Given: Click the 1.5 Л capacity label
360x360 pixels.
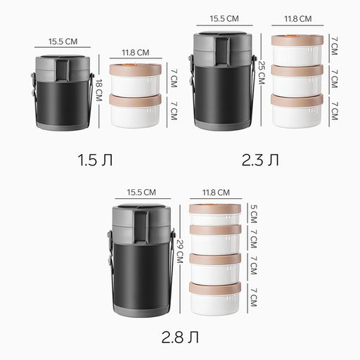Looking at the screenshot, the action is click(95, 160).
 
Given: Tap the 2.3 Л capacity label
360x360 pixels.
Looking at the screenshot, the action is click(260, 160).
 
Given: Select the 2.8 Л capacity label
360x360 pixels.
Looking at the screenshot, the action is click(180, 337).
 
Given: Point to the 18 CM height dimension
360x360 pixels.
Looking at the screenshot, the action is click(99, 90).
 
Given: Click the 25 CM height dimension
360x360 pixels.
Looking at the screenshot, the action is click(262, 72).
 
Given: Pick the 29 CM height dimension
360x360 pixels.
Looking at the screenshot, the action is click(180, 251).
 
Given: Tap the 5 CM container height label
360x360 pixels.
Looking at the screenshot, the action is click(254, 214).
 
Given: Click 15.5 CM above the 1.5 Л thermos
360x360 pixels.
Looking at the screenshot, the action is click(63, 41).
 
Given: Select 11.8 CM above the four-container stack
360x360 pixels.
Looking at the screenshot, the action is click(216, 193).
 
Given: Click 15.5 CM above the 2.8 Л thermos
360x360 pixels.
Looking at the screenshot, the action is click(141, 192).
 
